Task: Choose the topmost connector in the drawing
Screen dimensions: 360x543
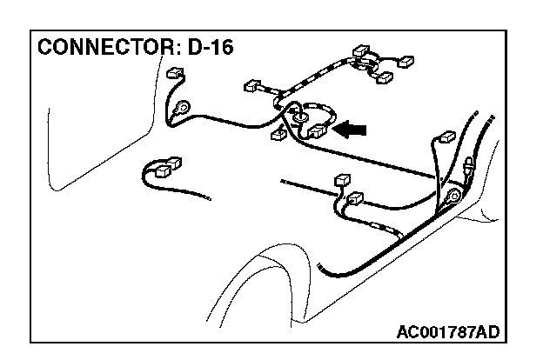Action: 361,50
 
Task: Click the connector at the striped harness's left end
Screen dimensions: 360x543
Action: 253,86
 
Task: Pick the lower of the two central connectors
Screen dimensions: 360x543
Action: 353,199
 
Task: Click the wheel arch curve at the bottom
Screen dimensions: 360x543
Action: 261,261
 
